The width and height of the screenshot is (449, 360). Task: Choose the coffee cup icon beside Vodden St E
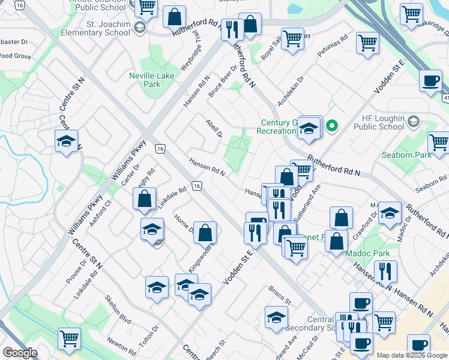[x=430, y=81]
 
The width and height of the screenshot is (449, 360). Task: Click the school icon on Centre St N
[x=66, y=142]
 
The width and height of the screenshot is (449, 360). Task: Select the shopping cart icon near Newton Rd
[x=70, y=338]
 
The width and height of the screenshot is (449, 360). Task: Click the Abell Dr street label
[x=214, y=126]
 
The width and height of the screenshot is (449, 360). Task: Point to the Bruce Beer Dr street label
[x=223, y=82]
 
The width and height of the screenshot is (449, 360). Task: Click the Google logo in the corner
[x=20, y=353]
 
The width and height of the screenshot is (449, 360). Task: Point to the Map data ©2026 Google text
[x=412, y=355]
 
